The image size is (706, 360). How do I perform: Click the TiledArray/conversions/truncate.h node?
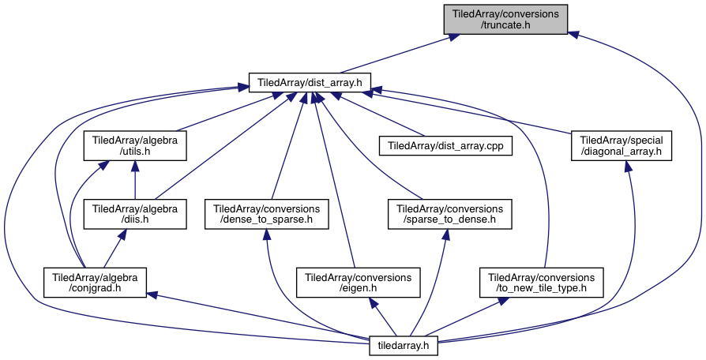[x=505, y=20]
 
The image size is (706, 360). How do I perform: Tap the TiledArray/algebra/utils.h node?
[x=135, y=146]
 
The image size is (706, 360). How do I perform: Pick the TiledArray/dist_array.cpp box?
[x=446, y=146]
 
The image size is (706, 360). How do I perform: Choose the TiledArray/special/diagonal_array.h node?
[x=621, y=146]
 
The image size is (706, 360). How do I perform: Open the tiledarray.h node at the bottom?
[x=404, y=344]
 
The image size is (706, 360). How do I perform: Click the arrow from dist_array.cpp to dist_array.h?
[x=379, y=114]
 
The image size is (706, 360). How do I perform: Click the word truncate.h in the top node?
[x=505, y=25]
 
